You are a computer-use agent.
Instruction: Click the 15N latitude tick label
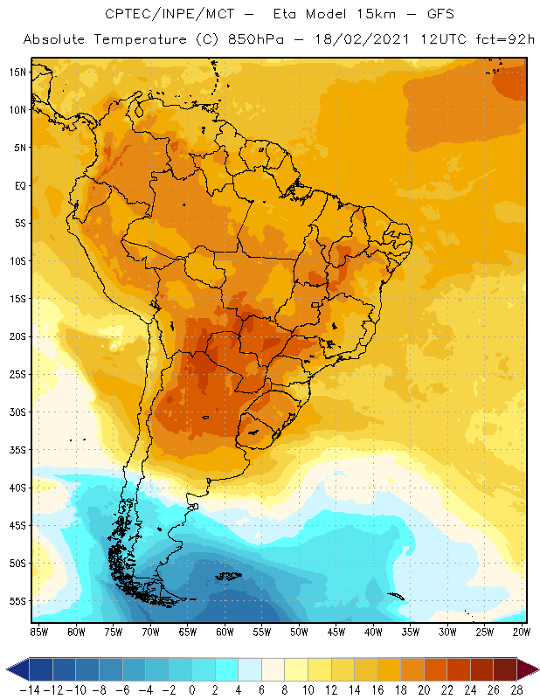point(17,72)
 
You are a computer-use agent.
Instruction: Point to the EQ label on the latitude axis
point(18,185)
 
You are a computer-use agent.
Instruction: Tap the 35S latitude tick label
point(17,450)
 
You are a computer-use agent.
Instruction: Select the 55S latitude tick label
point(17,601)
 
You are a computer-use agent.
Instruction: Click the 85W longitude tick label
point(38,631)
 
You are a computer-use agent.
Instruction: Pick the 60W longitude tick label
point(225,631)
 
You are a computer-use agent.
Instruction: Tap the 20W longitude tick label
point(523,631)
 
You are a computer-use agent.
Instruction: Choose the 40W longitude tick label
point(374,631)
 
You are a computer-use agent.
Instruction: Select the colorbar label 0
point(191,690)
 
